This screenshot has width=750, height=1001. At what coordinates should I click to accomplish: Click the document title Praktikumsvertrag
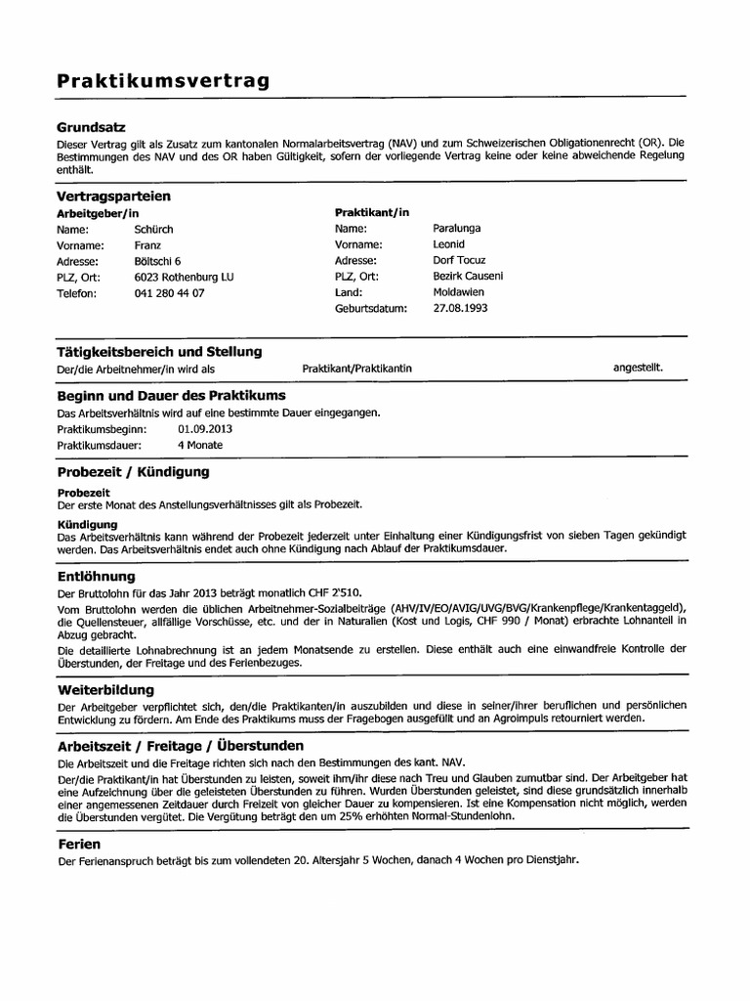pos(162,81)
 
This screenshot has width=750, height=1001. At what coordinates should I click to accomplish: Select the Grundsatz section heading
pos(92,127)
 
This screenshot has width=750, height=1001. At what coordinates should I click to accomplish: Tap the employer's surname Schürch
pos(154,229)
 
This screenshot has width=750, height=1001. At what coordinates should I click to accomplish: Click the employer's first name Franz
pos(148,245)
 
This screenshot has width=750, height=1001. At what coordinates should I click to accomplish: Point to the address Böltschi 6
pos(158,261)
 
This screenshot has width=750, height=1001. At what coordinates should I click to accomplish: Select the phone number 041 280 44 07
pos(170,293)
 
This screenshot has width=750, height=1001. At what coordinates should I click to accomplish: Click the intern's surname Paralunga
pos(457,228)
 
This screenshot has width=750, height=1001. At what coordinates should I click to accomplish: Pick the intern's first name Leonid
pos(449,244)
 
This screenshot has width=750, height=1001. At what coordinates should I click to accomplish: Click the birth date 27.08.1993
pos(460,308)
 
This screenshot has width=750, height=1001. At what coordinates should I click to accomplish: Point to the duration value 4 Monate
pos(200,446)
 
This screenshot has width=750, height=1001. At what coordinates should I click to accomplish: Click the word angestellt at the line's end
pos(638,368)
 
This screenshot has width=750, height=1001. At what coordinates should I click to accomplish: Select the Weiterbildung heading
pos(106,689)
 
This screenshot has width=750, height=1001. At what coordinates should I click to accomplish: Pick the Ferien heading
pos(79,844)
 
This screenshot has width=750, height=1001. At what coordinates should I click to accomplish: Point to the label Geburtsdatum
pos(370,308)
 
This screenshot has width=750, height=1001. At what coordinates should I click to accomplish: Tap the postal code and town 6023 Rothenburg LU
pos(185,277)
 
